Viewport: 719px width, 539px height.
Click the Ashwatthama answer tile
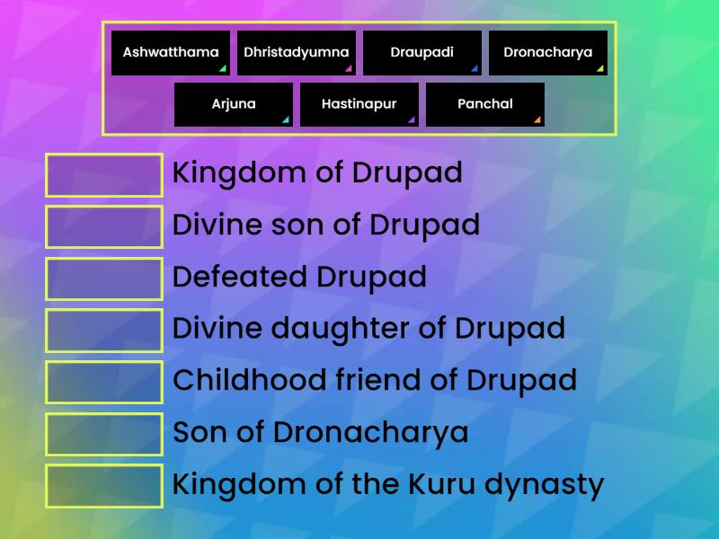(171, 52)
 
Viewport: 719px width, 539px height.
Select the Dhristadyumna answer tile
(297, 52)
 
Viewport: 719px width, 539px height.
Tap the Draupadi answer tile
(422, 52)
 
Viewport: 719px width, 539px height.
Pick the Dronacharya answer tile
(548, 52)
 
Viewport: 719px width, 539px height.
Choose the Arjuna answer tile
(234, 104)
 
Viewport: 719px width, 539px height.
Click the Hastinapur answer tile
(359, 104)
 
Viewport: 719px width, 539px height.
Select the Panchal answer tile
(485, 104)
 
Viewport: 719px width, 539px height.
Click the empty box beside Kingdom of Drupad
(104, 175)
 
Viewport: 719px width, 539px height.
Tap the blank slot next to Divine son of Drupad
(104, 226)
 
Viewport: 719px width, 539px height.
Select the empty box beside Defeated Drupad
(104, 278)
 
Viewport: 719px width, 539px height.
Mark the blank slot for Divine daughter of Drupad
(104, 330)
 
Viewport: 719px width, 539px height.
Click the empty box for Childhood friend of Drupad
(104, 382)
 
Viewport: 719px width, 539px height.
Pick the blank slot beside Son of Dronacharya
(104, 434)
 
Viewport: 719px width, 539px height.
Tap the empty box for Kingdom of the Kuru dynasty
(104, 486)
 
